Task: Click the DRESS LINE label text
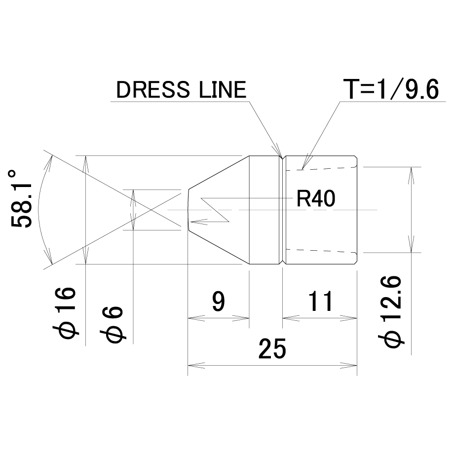(x=181, y=90)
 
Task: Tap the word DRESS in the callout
(x=153, y=90)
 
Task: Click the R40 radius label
(x=316, y=198)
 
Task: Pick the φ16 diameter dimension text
(x=65, y=313)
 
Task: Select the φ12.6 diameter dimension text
(x=391, y=311)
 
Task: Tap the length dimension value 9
(x=219, y=301)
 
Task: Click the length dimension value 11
(x=321, y=301)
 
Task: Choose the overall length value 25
(x=272, y=349)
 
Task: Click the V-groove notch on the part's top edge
(x=283, y=158)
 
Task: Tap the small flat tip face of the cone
(x=188, y=210)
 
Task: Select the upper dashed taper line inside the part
(x=321, y=168)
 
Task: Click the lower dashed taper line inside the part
(x=321, y=251)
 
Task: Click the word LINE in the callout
(x=223, y=90)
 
